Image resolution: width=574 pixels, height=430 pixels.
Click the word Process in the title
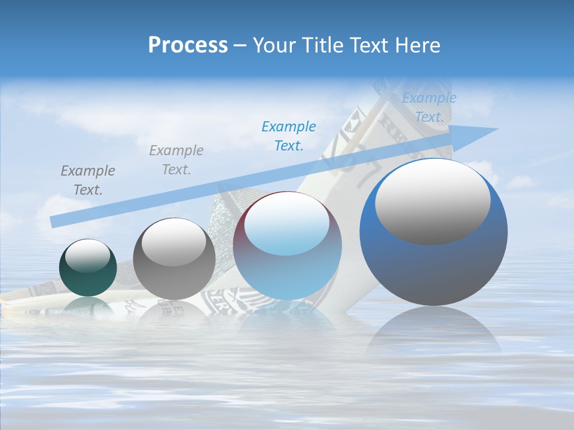(x=188, y=45)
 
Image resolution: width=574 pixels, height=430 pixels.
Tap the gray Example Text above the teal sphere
(x=88, y=180)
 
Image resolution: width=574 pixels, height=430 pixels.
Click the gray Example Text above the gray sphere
(x=176, y=160)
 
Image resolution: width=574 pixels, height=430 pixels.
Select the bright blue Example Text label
(x=289, y=136)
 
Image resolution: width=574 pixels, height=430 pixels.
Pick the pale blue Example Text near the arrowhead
(x=429, y=107)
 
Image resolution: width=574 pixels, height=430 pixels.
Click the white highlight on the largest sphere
(x=432, y=201)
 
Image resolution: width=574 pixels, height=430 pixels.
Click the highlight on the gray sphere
(x=174, y=242)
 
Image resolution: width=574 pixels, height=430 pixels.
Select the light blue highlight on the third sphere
(x=287, y=224)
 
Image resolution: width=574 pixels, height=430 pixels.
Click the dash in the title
(x=240, y=45)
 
